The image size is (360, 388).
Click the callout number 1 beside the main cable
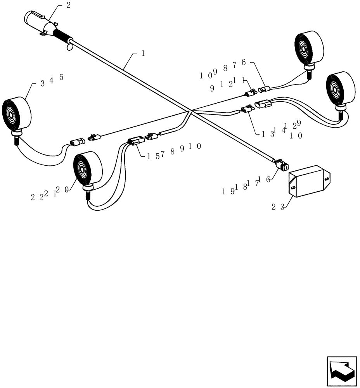(x=143, y=54)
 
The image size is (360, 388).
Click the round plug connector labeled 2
(x=39, y=21)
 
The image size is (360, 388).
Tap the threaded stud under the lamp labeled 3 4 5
(x=17, y=140)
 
